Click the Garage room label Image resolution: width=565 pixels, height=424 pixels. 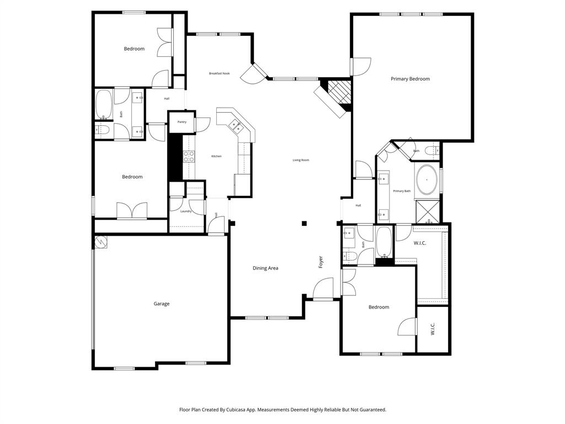tap(161, 304)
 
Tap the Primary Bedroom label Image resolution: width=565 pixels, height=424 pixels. tap(410, 79)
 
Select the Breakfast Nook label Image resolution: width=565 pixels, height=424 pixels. tap(219, 73)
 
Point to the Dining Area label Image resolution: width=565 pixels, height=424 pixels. tap(265, 268)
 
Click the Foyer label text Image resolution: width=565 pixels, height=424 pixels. tap(321, 262)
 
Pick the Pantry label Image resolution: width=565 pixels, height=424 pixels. tap(182, 122)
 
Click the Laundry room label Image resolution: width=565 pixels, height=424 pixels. tap(185, 211)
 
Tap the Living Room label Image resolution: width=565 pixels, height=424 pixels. tap(301, 160)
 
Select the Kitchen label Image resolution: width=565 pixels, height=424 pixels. tap(216, 156)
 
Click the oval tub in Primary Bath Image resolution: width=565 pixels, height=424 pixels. tap(427, 180)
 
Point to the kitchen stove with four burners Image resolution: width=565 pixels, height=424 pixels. tap(189, 156)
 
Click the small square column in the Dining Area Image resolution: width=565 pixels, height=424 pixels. tap(303, 224)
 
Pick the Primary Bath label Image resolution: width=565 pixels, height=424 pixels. tap(402, 191)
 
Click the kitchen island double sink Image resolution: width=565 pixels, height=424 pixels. tap(236, 126)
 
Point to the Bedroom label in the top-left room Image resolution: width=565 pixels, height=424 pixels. tap(134, 49)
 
